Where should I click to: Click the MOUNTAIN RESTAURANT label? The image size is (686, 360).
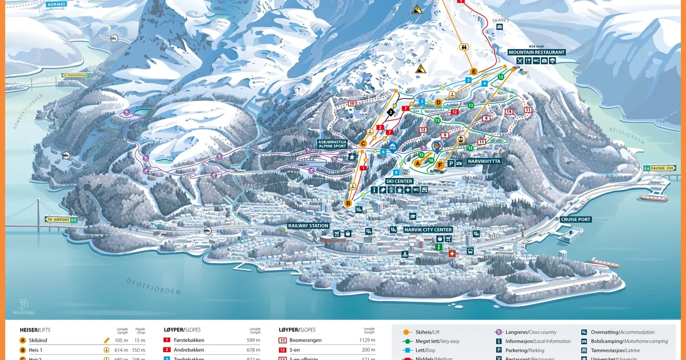point(536,52)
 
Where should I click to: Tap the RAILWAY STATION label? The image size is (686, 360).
point(308,226)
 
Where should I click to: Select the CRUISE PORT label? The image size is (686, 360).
point(576,219)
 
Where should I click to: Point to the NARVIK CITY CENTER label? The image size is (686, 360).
point(428,230)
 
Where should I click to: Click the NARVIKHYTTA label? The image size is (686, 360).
point(484,162)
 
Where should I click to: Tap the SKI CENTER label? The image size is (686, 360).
point(399,181)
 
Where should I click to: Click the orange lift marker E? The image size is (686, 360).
point(473,71)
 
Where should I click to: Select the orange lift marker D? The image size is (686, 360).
point(438,102)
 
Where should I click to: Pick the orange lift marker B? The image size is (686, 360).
point(347,203)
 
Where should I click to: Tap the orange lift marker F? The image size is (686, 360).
point(440,166)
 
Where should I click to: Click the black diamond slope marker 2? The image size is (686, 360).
point(391,112)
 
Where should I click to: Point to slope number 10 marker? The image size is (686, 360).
point(352,103)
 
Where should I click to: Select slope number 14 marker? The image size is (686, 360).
point(509,111)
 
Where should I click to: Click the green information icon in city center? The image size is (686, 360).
point(438,247)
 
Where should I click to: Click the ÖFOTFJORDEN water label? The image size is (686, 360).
point(153,286)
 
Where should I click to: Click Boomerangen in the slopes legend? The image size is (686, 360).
point(306,340)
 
